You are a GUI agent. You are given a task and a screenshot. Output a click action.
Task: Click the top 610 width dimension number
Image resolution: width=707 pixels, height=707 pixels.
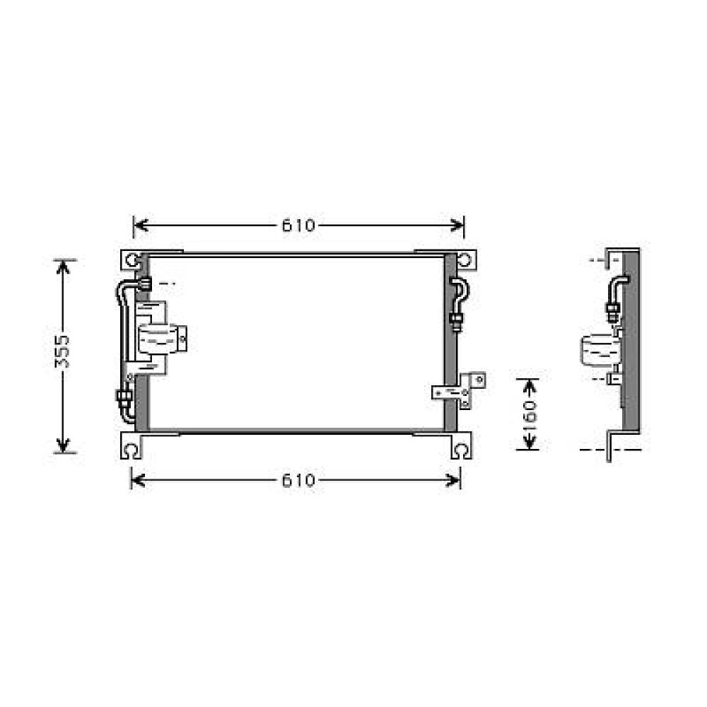pos(298,226)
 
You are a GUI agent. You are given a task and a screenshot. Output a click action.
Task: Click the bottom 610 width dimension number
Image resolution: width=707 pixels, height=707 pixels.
pos(298,481)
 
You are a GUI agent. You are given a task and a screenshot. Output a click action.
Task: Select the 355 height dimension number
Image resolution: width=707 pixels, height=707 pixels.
pos(63,351)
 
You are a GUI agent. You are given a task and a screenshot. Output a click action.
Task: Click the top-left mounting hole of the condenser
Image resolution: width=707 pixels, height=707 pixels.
pos(132,260)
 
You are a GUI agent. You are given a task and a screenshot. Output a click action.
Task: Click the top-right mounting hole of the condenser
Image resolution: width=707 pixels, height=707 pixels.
pos(464,260)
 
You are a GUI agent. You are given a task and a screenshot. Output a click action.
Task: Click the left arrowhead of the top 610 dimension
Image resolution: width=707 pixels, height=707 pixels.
pos(139,226)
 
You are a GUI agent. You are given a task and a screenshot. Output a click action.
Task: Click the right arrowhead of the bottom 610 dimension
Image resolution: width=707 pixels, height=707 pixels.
pos(456,481)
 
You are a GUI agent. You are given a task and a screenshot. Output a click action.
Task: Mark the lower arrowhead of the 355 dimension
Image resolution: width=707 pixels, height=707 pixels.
pos(64,446)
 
